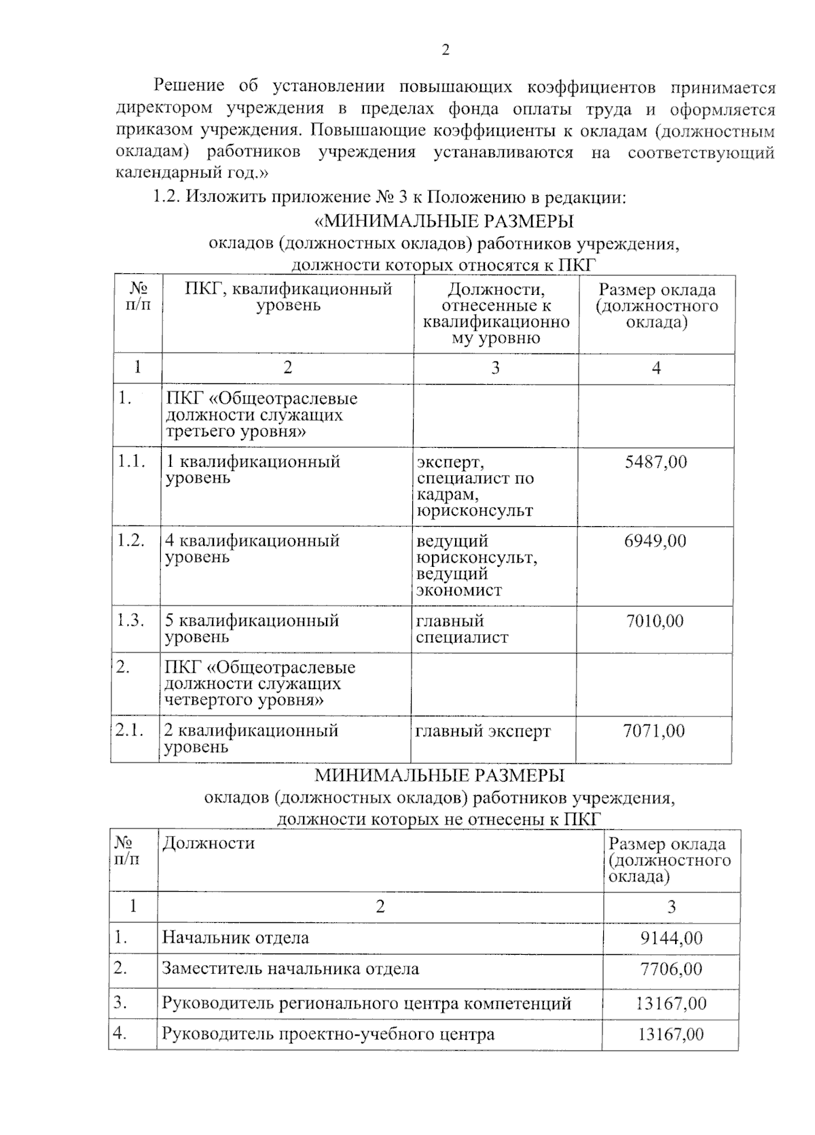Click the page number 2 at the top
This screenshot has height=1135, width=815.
[446, 50]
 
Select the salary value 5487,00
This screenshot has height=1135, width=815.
[655, 462]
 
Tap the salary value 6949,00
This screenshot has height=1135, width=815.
[655, 542]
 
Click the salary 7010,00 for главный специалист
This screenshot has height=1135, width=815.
[655, 621]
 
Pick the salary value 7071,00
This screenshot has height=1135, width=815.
[654, 731]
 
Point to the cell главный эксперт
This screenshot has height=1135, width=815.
[483, 731]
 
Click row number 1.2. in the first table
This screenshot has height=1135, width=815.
[130, 541]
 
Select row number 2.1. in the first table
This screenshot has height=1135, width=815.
[129, 731]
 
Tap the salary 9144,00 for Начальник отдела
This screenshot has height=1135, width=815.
[671, 939]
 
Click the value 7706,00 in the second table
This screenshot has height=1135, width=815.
[671, 969]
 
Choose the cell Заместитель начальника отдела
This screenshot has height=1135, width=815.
[290, 969]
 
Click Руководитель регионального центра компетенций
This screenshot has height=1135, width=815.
[366, 1003]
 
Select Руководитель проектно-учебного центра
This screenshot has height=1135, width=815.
[328, 1035]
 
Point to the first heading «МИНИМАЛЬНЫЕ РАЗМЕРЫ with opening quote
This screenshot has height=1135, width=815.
[445, 222]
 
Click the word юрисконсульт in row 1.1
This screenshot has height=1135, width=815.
[475, 510]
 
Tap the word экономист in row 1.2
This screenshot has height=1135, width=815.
[458, 590]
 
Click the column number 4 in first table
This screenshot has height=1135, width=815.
[656, 368]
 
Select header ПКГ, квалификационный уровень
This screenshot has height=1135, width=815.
[289, 297]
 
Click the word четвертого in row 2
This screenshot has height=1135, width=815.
[208, 700]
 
